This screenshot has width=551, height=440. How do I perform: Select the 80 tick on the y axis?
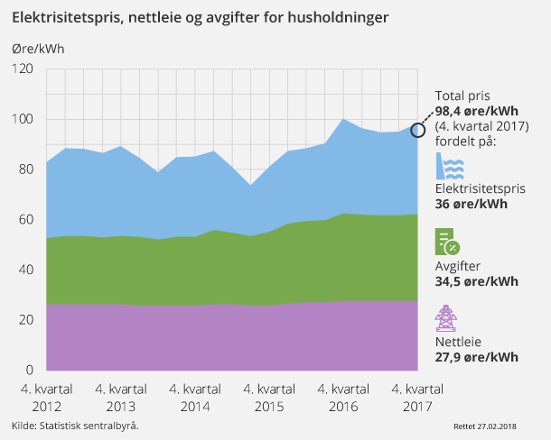[x=25, y=170]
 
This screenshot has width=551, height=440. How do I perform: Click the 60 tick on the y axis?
[x=25, y=220]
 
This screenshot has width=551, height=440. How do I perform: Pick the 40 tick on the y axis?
[x=25, y=270]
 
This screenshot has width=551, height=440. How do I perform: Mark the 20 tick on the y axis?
[x=25, y=320]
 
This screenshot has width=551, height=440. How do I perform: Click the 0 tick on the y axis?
[x=29, y=370]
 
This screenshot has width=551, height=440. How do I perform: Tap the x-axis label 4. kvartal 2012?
[x=47, y=397]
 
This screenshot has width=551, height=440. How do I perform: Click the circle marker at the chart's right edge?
[x=417, y=130]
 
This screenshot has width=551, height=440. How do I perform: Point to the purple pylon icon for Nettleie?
[x=446, y=320]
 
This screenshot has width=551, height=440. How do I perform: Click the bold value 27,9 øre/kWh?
[x=477, y=357]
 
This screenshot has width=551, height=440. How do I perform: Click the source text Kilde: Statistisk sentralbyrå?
[x=75, y=425]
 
